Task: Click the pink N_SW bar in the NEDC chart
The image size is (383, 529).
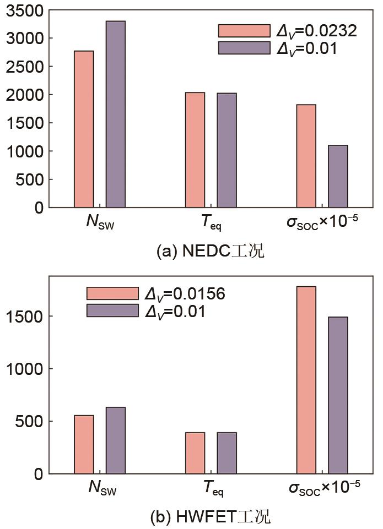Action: [84, 129]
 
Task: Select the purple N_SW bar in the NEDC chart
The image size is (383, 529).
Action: [116, 114]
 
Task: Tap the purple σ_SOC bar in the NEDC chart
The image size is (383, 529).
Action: [338, 176]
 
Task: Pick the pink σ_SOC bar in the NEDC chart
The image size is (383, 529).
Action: [306, 156]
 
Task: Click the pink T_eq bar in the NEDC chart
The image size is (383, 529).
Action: [195, 150]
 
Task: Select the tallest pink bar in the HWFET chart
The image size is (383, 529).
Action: [306, 380]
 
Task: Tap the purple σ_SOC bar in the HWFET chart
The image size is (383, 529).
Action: [338, 395]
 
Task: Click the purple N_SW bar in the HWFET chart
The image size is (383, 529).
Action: [116, 440]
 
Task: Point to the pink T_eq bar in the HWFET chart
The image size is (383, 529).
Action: [195, 452]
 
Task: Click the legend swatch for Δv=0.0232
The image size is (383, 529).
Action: [244, 31]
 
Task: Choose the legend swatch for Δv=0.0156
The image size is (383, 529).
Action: [112, 293]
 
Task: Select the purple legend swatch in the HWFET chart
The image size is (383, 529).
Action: [112, 310]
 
